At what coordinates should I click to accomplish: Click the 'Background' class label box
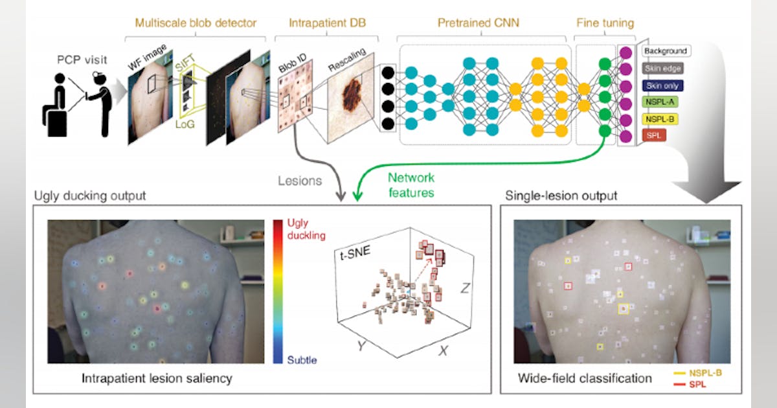666,51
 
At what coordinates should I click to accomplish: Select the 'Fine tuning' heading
605,23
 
